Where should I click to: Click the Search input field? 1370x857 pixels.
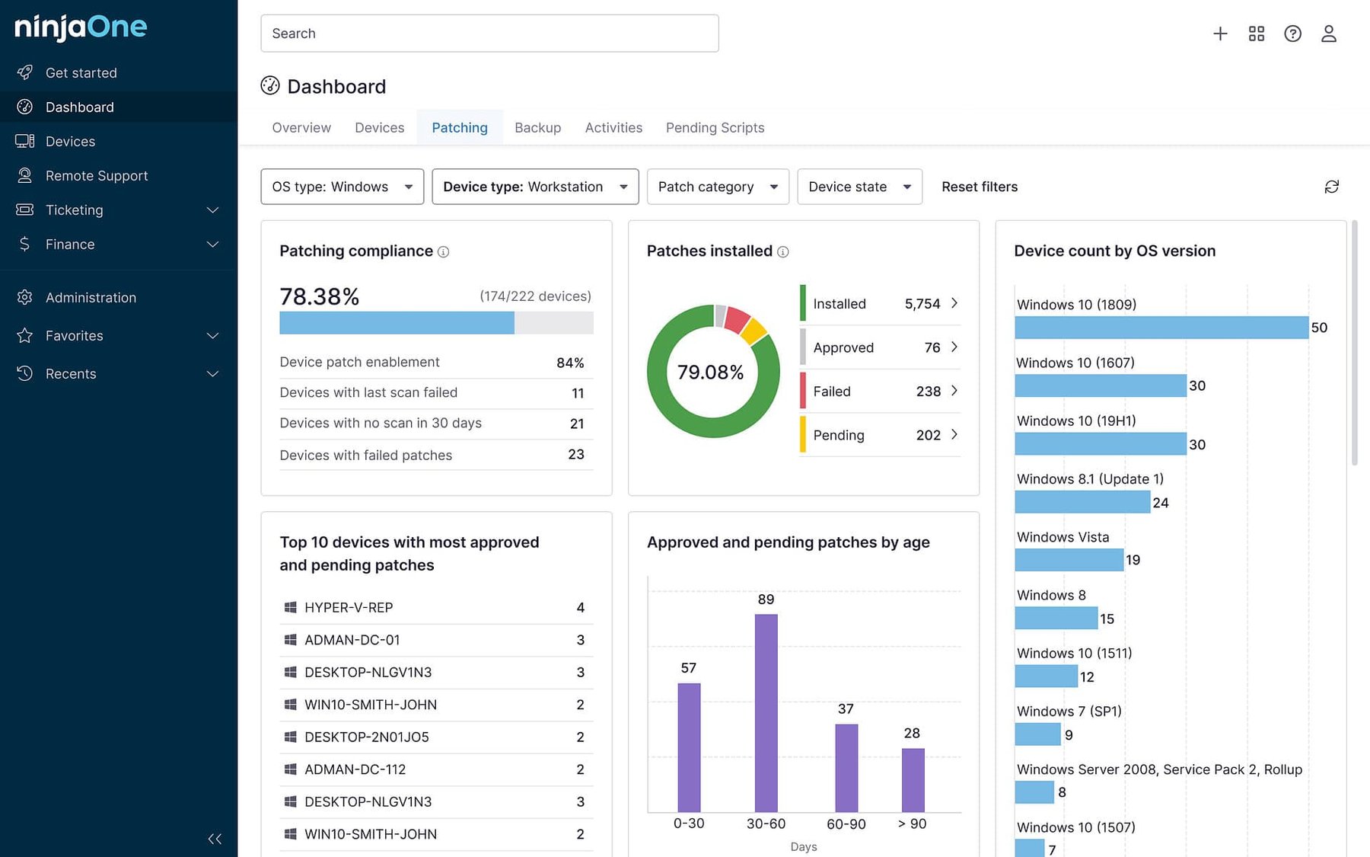click(489, 34)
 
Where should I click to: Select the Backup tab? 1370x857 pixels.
click(537, 128)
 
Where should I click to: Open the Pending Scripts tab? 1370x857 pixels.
click(715, 128)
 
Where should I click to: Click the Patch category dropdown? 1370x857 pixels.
click(717, 187)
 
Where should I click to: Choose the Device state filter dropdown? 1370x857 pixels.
click(859, 187)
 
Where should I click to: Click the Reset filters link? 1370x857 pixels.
click(979, 187)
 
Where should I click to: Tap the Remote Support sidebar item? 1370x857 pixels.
click(97, 176)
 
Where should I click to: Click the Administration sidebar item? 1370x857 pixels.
click(91, 298)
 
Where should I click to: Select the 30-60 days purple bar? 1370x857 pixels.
click(766, 712)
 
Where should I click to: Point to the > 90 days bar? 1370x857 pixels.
click(913, 779)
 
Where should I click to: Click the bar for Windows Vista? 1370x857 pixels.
click(1069, 560)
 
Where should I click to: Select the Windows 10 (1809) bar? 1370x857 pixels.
click(1161, 328)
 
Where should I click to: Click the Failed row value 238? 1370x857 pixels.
click(928, 392)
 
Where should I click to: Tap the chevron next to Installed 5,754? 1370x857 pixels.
click(954, 303)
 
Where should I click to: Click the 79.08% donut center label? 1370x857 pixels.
click(710, 372)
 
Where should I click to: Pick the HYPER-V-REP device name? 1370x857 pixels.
click(349, 608)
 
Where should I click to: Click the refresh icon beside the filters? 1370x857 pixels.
click(1331, 187)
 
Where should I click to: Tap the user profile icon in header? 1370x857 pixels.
click(1328, 34)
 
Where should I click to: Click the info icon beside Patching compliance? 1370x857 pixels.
click(443, 252)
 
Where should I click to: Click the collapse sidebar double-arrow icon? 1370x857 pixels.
click(215, 839)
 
